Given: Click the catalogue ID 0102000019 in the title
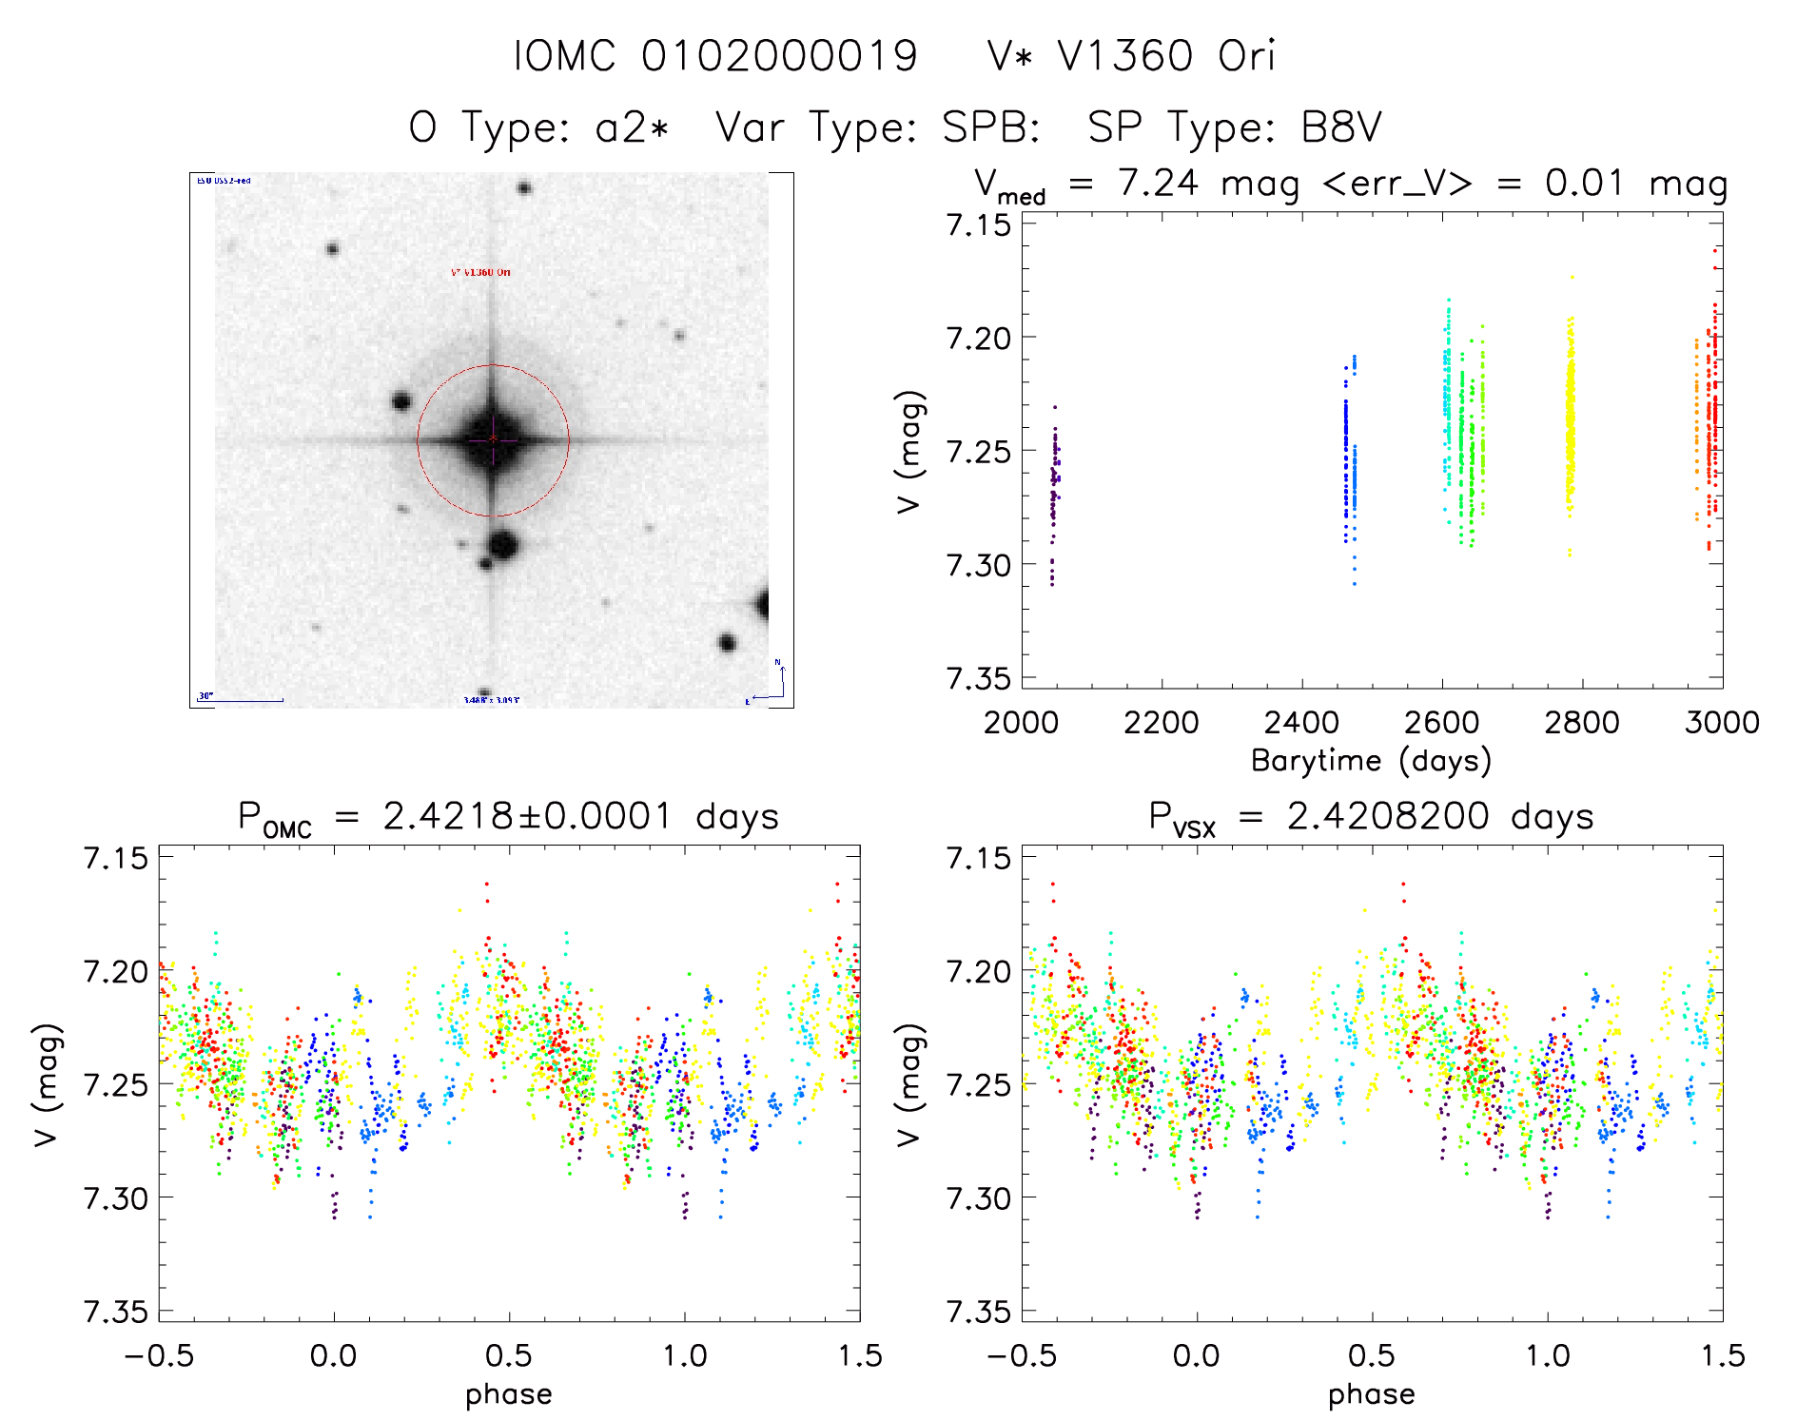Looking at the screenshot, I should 779,56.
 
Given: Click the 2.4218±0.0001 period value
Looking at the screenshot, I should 528,816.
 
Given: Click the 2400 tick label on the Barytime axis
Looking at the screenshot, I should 1301,723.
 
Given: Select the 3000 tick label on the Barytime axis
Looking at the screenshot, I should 1722,723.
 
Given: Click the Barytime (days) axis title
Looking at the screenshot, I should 1371,761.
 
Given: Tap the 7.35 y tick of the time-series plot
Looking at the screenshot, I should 978,678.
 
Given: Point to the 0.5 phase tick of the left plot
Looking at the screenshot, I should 509,1356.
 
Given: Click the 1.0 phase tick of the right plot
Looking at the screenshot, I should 1548,1356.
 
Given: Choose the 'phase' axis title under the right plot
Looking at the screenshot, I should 1371,1394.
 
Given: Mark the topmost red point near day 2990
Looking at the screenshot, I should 1715,250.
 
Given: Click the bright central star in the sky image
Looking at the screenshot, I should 493,439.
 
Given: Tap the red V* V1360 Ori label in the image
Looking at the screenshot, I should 480,273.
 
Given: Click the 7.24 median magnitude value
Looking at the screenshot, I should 1158,183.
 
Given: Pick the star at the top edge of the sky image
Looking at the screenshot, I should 524,187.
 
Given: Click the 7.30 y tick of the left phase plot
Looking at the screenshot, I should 115,1198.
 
